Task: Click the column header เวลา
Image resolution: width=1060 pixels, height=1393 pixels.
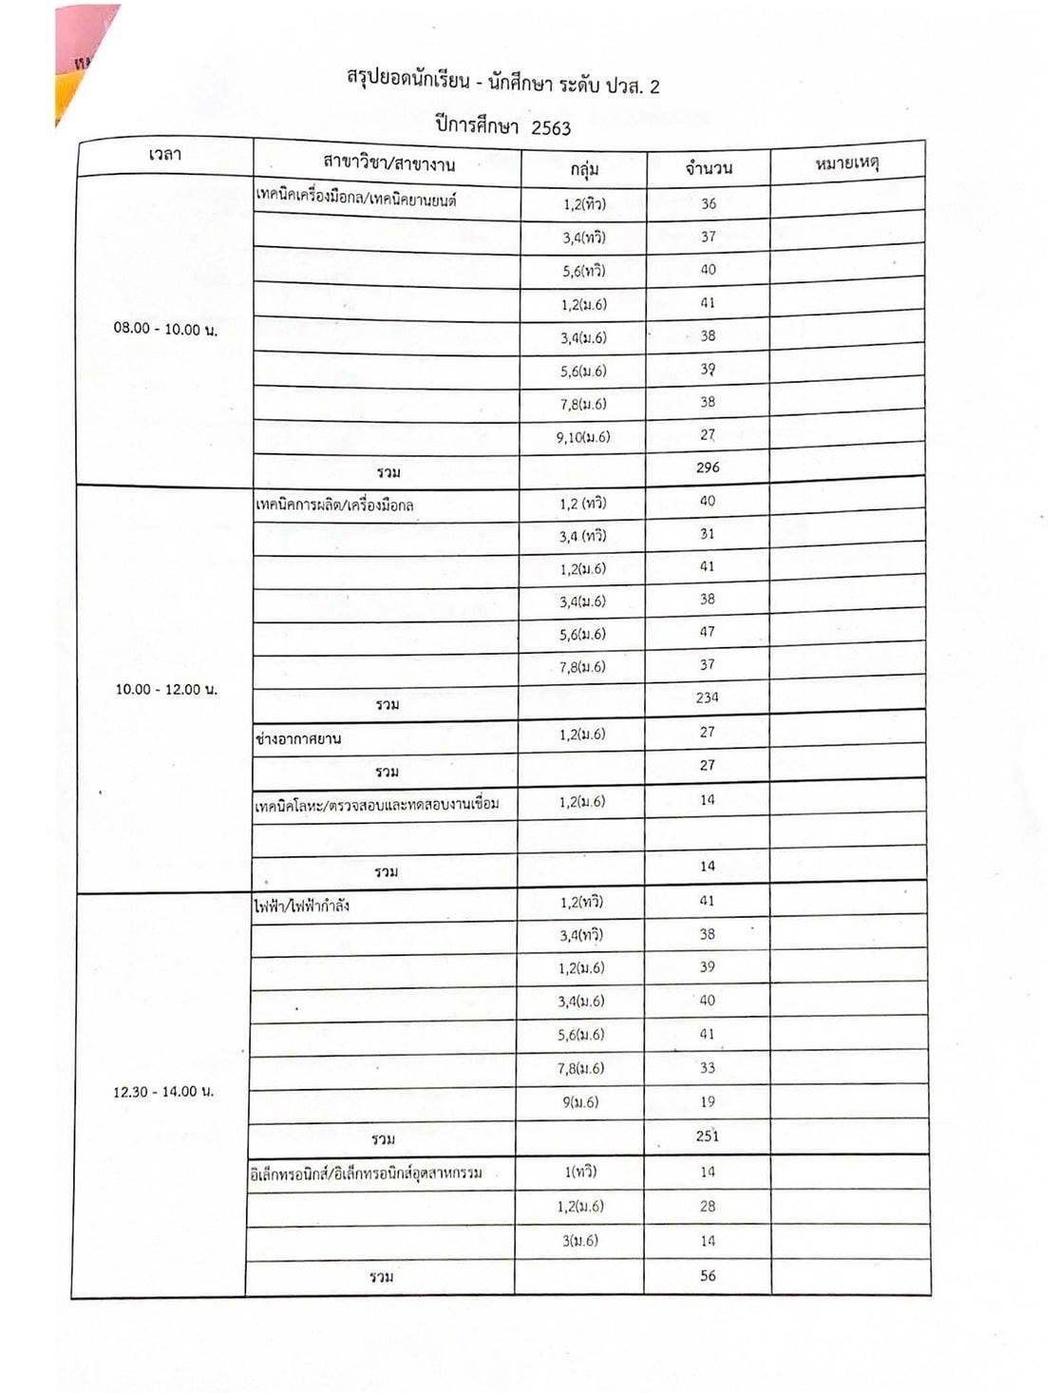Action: click(165, 155)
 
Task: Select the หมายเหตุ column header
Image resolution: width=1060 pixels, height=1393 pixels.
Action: click(847, 164)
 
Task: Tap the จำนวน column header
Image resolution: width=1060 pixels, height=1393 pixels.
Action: click(709, 168)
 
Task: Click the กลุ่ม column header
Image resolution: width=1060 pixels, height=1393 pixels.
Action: click(584, 169)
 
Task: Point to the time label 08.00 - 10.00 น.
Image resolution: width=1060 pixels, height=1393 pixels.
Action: click(165, 330)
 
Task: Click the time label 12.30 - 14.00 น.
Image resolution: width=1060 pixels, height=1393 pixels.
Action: click(163, 1092)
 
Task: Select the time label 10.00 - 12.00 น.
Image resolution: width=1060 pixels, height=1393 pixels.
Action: click(166, 689)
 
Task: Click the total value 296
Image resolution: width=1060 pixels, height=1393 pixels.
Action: click(708, 468)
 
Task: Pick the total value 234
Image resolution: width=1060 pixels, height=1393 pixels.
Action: click(707, 697)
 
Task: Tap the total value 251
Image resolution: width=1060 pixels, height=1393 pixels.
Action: click(707, 1136)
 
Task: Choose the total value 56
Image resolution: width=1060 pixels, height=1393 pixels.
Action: click(708, 1276)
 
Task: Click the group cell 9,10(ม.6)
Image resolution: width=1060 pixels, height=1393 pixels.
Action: click(583, 438)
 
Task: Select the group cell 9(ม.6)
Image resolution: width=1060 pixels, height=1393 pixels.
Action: click(581, 1103)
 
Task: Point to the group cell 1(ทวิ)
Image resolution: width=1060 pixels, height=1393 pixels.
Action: click(581, 1173)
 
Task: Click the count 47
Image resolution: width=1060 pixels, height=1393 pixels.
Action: click(708, 632)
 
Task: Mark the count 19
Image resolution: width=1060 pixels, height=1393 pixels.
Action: click(707, 1102)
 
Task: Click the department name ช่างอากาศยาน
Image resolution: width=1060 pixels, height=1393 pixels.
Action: click(298, 738)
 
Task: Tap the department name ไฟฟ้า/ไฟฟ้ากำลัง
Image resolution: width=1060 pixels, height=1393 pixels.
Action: click(301, 906)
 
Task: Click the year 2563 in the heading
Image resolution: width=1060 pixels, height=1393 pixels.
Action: click(551, 128)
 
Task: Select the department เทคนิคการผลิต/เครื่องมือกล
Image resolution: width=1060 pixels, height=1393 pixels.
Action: click(334, 505)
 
